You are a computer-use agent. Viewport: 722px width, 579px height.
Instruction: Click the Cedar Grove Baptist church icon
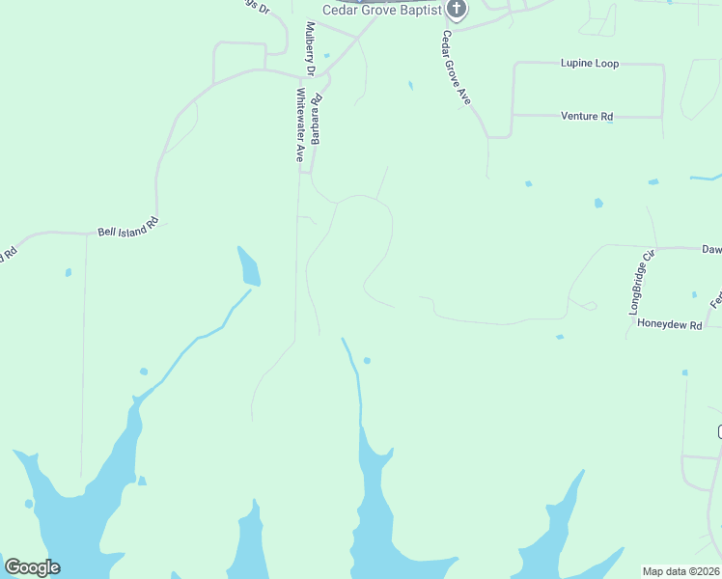point(457,11)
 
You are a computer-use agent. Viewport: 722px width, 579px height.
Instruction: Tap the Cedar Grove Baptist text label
point(381,11)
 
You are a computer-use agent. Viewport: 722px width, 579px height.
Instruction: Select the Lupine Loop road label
point(590,64)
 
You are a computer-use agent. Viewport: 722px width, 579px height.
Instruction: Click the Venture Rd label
point(587,117)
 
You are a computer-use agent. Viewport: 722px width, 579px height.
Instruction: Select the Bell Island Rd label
point(126,232)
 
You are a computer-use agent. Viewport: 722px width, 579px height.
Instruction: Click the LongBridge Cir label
point(642,281)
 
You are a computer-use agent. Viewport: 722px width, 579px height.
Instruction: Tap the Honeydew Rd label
point(669,325)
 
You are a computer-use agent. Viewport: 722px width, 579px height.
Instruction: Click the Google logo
point(32,567)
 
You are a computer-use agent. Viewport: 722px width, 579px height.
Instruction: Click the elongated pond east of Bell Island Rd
point(249,267)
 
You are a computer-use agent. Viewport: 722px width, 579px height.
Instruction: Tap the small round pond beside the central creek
point(367,361)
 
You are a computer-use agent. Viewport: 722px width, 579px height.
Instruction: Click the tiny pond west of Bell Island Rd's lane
point(69,272)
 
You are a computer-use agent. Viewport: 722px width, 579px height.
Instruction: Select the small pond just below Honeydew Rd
point(560,337)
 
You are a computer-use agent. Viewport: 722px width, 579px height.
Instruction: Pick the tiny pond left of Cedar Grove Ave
point(410,86)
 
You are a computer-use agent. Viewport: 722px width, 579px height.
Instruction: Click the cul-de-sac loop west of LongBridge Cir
point(590,306)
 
